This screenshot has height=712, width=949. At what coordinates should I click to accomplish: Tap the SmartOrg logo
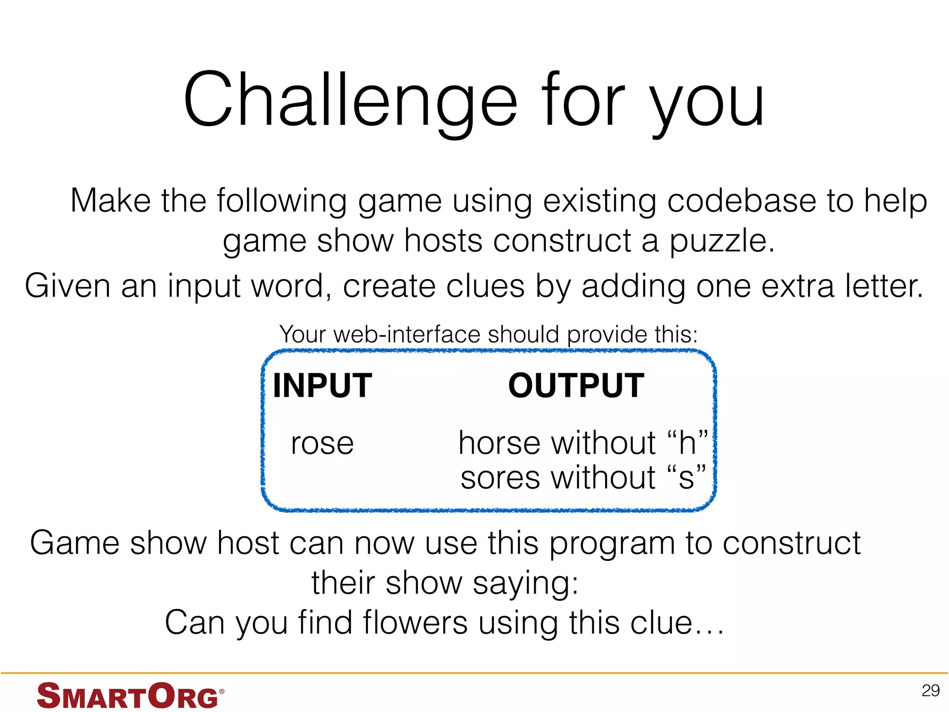click(130, 695)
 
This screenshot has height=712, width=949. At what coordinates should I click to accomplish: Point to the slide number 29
click(930, 691)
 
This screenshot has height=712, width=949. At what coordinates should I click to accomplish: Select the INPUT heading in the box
click(323, 386)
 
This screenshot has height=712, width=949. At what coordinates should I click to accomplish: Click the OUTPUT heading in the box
click(576, 386)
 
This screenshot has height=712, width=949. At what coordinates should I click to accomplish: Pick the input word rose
click(322, 444)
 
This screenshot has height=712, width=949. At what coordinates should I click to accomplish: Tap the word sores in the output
click(501, 478)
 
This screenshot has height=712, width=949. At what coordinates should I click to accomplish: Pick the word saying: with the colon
click(525, 584)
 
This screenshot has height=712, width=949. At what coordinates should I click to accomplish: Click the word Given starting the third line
click(68, 286)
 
